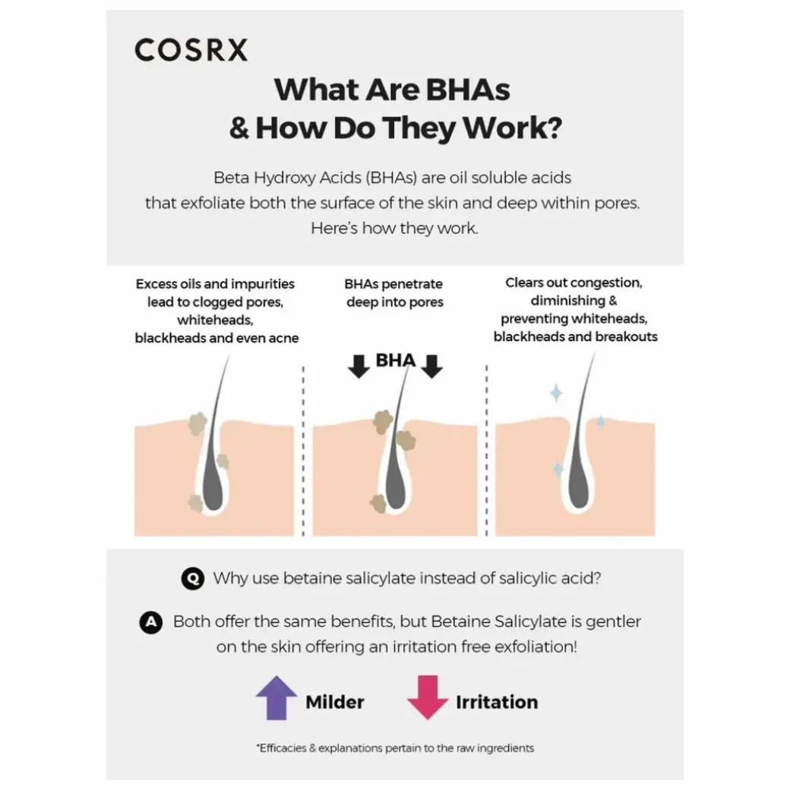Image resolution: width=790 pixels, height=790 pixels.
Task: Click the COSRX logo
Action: coord(191,50)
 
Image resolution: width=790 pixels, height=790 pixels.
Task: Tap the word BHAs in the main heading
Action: coord(465,90)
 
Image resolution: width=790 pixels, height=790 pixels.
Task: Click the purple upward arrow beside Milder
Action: coord(276,697)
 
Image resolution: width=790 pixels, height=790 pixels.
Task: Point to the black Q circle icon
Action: coord(192,579)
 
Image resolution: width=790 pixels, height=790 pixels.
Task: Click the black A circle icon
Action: coord(151,622)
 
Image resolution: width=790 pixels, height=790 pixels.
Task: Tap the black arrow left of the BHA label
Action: coord(358,365)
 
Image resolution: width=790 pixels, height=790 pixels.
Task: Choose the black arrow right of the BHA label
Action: coord(431,365)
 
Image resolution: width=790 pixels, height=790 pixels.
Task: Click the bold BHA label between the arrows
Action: coord(395,360)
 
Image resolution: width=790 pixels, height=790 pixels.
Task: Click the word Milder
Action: coord(334,702)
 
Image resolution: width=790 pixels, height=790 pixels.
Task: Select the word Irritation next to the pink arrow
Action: coord(496,702)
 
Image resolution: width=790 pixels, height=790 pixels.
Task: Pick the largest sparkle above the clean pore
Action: coord(556,393)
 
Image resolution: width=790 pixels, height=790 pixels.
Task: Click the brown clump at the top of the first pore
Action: coord(198,422)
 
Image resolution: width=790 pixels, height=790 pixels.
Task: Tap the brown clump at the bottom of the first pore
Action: coord(196,501)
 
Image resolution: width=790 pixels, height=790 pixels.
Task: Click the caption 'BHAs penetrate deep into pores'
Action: coord(394,292)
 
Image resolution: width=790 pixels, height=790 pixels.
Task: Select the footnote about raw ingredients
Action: coord(395,748)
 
